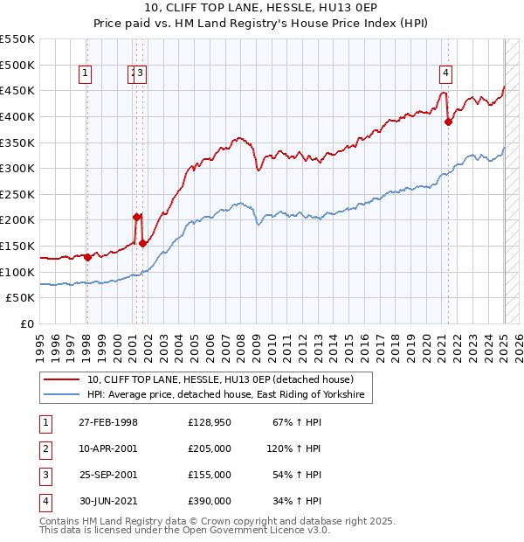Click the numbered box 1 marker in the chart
coord(86,74)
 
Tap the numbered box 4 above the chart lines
coord(445,74)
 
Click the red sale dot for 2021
coord(449,122)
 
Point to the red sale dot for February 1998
coord(87,257)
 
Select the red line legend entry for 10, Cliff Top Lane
coord(219,380)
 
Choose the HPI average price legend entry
coord(230,396)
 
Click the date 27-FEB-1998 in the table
coord(108,423)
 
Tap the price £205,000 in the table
coord(210,448)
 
